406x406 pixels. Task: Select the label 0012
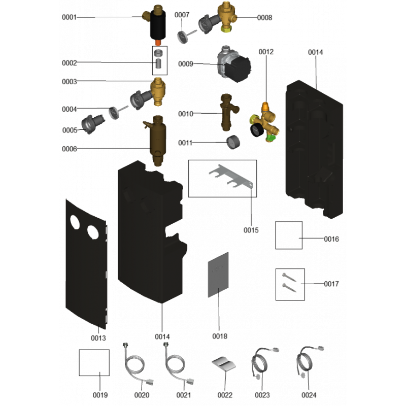pyautogui.click(x=266, y=52)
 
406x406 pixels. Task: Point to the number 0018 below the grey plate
pyautogui.click(x=220, y=336)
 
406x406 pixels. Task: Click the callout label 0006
pyautogui.click(x=69, y=149)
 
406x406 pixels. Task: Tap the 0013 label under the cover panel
pyautogui.click(x=98, y=337)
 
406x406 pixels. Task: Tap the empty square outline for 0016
pyautogui.click(x=289, y=235)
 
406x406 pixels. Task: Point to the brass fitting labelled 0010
pyautogui.click(x=225, y=110)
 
